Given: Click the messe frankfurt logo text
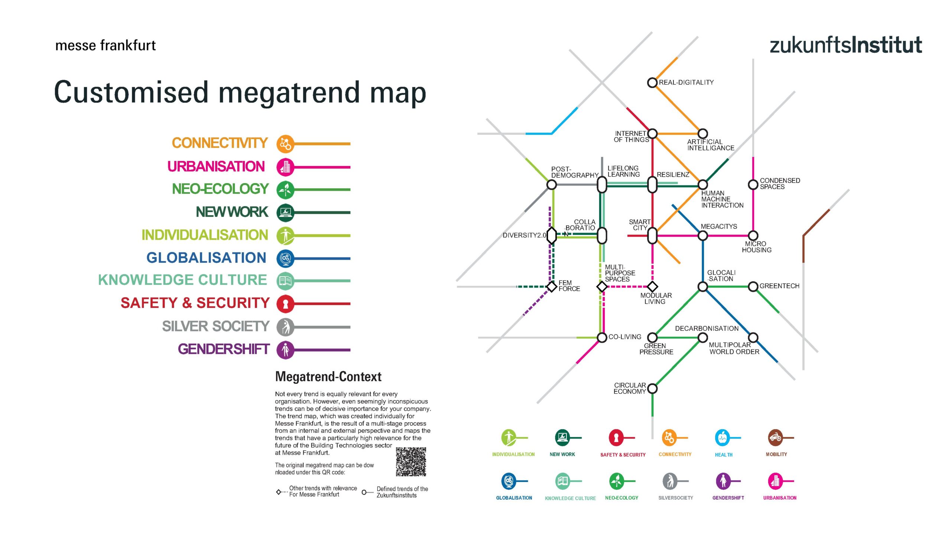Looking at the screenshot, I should pos(105,45).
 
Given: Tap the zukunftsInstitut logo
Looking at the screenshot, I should pos(845,45).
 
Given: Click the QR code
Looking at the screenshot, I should pos(410,461).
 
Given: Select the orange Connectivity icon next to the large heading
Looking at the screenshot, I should pos(285,144).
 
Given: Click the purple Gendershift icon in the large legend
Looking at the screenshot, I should pos(285,350).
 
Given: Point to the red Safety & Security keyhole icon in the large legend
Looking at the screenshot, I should pos(285,304).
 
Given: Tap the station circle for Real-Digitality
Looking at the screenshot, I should pos(652,82).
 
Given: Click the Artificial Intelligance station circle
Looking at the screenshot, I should pos(702,133).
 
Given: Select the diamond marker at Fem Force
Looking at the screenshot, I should pos(552,286).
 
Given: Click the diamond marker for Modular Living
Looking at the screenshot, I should pos(652,286).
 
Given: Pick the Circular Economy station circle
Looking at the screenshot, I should pos(652,389).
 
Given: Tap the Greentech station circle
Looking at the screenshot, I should pos(753,286).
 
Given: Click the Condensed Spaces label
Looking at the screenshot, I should pos(780,184).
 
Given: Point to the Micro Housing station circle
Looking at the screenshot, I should pos(753,236).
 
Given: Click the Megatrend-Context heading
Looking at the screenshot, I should pos(328,377).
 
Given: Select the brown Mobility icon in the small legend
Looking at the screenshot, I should pos(775,438).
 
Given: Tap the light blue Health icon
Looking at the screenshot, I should pos(722,438).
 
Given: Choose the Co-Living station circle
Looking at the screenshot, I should pos(602,337).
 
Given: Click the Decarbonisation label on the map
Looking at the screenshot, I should pos(707,328).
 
